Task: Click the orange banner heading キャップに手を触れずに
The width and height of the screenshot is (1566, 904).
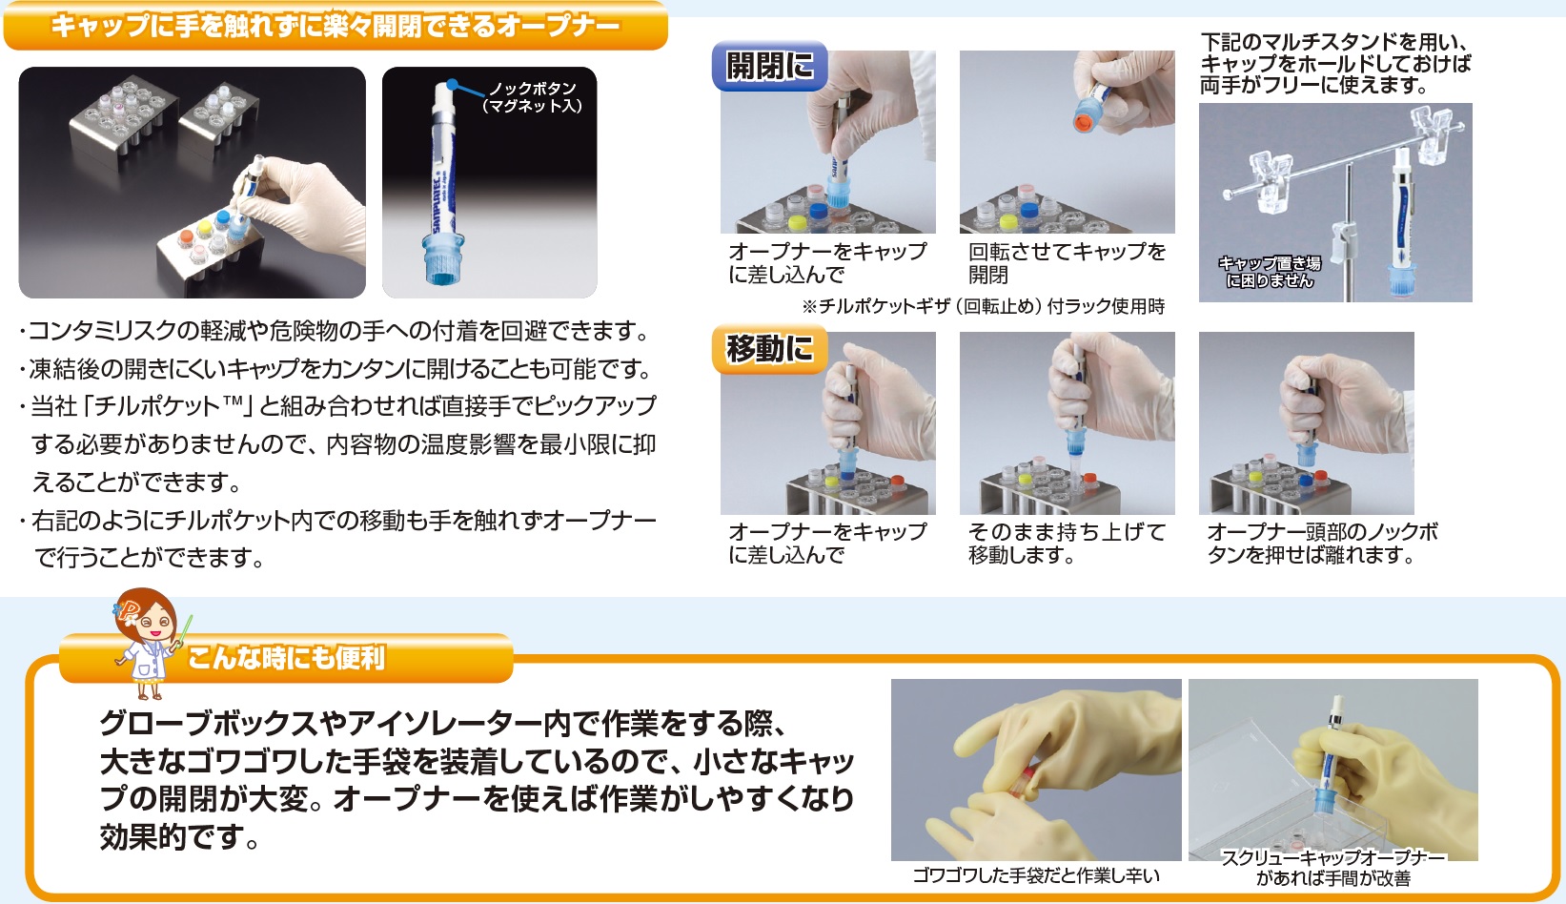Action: click(336, 27)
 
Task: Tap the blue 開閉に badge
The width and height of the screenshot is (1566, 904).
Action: click(770, 67)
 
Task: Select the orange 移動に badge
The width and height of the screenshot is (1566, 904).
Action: click(770, 348)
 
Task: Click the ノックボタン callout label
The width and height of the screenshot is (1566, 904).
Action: click(532, 97)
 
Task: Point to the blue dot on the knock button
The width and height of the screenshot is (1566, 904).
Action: click(453, 86)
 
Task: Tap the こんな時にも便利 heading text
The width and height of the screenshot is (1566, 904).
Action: click(286, 658)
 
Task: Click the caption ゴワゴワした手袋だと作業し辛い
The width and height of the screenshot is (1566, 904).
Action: click(1036, 875)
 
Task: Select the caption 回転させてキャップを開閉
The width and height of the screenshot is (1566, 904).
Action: click(1067, 262)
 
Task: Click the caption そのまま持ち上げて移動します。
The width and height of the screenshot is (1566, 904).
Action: click(1067, 543)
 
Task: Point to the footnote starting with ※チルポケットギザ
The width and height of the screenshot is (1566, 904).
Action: click(983, 306)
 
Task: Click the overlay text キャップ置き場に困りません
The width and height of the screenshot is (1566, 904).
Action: click(1270, 272)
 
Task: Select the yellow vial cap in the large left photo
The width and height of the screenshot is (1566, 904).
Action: click(205, 228)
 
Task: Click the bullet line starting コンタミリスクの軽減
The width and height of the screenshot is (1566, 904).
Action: click(335, 331)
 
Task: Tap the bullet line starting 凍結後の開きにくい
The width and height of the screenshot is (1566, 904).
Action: click(336, 369)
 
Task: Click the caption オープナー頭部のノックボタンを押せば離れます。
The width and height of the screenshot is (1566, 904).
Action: click(1322, 543)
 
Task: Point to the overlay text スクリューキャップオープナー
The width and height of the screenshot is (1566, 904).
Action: click(1333, 858)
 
